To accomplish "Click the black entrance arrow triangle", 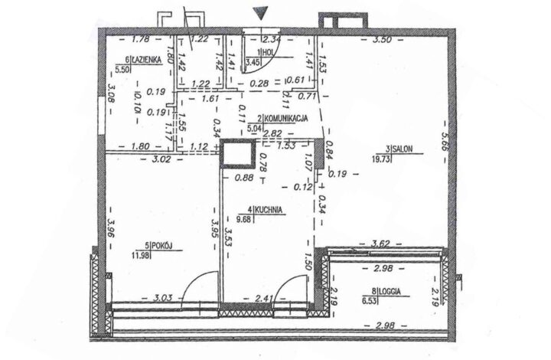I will click(261, 12).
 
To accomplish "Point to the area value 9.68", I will click(246, 219).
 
